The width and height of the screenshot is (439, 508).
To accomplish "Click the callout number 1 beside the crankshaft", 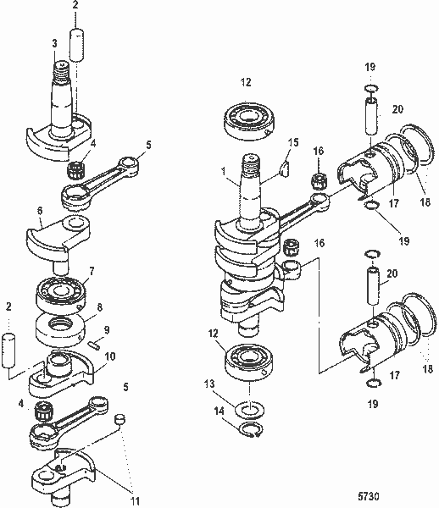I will tap(224, 170).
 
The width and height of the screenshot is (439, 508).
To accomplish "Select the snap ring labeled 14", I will tap(248, 435).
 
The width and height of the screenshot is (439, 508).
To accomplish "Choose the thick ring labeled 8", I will tap(63, 324).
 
